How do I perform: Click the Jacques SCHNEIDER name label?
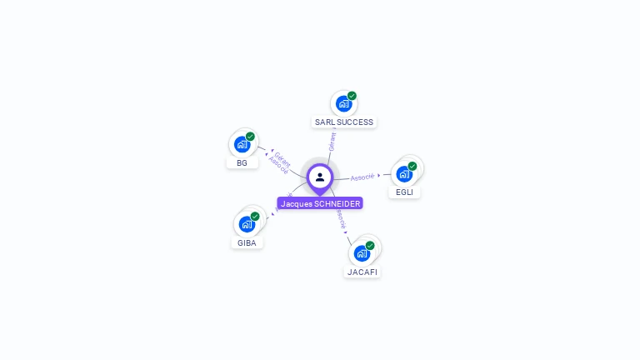(320, 203)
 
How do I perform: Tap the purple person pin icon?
(320, 177)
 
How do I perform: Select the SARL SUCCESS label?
(343, 122)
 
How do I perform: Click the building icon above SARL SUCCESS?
(343, 104)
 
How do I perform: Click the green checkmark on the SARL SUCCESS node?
(352, 96)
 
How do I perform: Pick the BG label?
(242, 162)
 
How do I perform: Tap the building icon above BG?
(242, 144)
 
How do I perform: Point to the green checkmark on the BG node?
(250, 137)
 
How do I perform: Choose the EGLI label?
(404, 192)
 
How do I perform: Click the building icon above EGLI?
(404, 173)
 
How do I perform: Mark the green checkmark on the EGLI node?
(412, 166)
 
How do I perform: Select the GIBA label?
(247, 242)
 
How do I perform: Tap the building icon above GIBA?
(247, 224)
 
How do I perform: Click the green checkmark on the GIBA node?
(255, 217)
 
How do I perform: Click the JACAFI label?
(362, 272)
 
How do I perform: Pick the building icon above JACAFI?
(362, 253)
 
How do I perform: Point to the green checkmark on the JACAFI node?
(370, 246)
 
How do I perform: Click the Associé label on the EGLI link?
(362, 177)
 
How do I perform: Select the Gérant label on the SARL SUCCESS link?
(332, 141)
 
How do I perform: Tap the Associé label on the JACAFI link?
(340, 218)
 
